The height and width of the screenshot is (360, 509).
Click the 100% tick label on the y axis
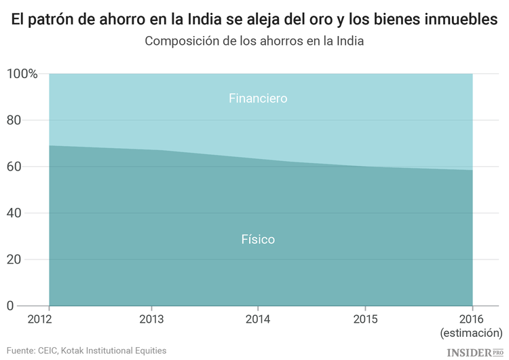pos(22,73)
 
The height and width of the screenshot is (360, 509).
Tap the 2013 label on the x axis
pos(151,319)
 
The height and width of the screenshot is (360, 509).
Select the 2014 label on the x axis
pos(257,319)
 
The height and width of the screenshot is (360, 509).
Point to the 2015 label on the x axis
pos(365,319)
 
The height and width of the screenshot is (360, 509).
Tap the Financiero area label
pos(258,98)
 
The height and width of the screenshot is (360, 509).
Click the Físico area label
pos(258,240)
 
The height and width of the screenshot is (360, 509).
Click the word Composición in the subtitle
pos(178,41)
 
